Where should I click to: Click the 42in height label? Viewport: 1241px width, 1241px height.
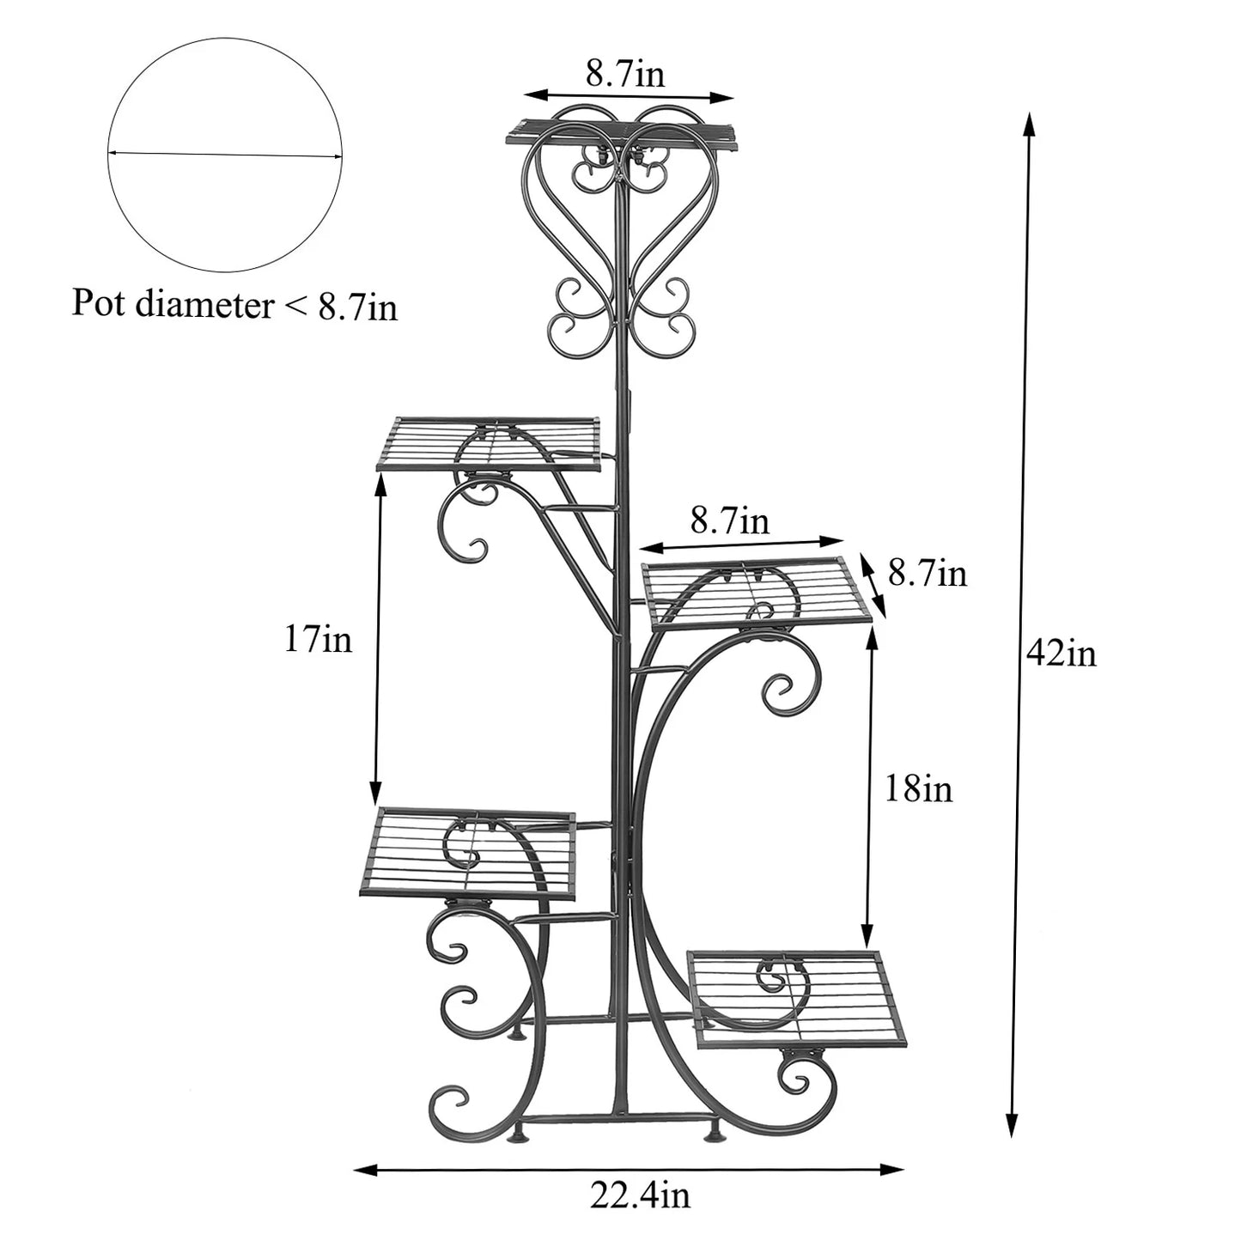[x=1061, y=655]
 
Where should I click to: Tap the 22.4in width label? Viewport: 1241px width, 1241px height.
[x=640, y=1195]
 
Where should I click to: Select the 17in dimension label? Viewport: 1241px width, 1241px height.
[x=319, y=639]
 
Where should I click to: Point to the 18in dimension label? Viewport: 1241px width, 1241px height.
[x=918, y=788]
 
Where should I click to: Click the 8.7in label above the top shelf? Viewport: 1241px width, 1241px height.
[x=625, y=74]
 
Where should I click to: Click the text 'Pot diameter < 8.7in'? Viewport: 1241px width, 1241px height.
[x=234, y=304]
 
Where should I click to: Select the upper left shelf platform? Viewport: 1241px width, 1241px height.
[x=488, y=443]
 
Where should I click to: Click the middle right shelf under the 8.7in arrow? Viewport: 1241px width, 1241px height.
[x=756, y=593]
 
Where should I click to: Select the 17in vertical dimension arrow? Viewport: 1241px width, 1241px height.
[x=378, y=639]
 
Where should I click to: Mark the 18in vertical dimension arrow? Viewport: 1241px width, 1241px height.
[x=870, y=788]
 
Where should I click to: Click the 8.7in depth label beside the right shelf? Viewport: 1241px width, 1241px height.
[x=928, y=573]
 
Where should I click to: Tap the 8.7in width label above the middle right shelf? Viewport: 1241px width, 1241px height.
[x=729, y=521]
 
